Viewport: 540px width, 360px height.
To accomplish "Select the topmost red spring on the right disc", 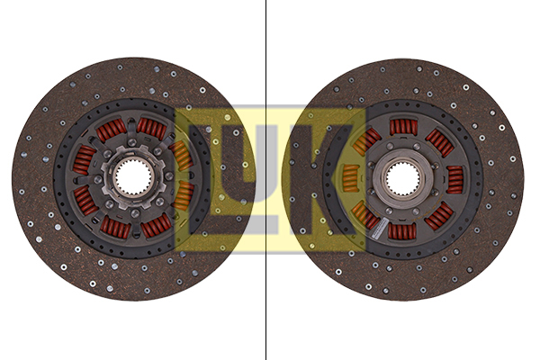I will click(402, 127).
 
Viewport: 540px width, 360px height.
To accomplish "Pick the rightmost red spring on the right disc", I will click(454, 178).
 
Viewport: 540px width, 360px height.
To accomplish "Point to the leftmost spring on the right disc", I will click(350, 178).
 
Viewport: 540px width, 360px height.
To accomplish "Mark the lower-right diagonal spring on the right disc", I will click(439, 215).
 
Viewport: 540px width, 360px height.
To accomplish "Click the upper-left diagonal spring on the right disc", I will click(365, 141).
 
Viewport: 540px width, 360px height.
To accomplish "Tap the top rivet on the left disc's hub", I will click(132, 143).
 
